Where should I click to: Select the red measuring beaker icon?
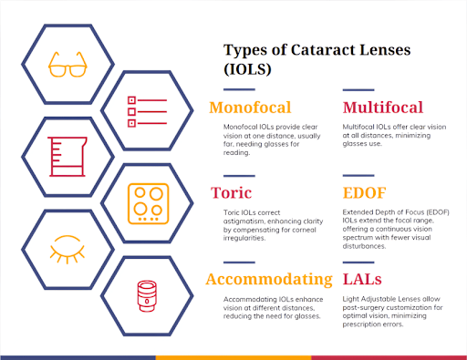click(x=62, y=154)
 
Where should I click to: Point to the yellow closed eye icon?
click(x=65, y=249)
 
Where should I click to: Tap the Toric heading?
click(x=231, y=192)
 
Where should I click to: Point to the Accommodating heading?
click(x=268, y=279)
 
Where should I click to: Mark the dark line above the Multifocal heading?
click(x=362, y=90)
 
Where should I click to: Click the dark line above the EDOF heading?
click(x=362, y=175)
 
